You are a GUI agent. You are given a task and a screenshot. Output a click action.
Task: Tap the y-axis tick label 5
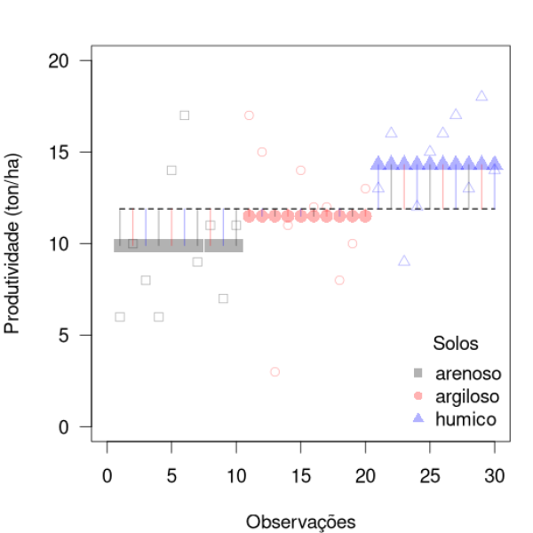[x=69, y=335]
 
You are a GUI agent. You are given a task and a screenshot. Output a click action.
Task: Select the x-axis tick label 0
[x=107, y=475]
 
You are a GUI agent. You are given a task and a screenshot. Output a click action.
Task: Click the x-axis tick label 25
[x=430, y=475]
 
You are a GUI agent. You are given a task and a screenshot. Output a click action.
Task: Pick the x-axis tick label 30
[x=495, y=475]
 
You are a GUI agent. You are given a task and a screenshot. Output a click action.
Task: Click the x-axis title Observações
[x=301, y=520]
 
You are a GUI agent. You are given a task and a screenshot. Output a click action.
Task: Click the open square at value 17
[x=184, y=115]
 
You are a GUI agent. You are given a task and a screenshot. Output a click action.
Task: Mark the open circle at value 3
[x=275, y=371]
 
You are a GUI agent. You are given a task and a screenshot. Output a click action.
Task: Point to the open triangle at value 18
[x=481, y=96]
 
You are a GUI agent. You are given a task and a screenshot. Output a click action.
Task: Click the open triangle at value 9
[x=404, y=261]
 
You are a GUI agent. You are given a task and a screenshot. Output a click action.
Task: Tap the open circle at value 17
[x=250, y=115]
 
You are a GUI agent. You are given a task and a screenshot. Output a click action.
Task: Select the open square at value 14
[x=171, y=170]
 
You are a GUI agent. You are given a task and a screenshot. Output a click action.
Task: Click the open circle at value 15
[x=262, y=152]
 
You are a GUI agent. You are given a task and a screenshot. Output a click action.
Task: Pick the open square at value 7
[x=223, y=298]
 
